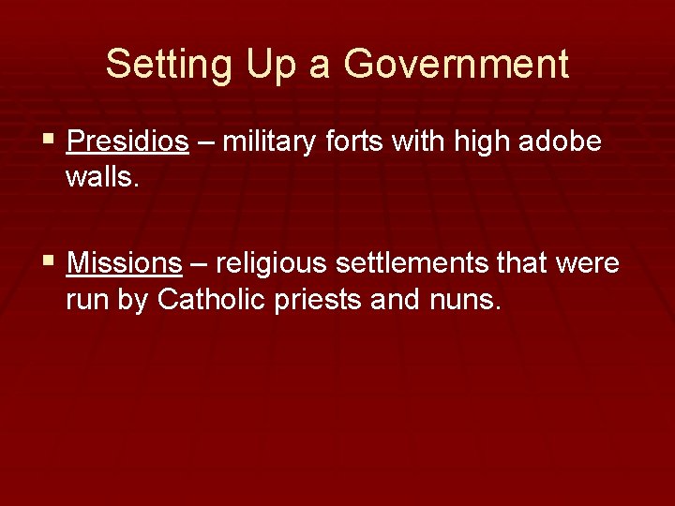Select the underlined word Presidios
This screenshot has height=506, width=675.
(x=128, y=142)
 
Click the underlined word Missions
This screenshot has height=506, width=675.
(x=125, y=263)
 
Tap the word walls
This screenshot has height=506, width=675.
(x=102, y=177)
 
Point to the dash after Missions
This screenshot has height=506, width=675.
(x=198, y=264)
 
